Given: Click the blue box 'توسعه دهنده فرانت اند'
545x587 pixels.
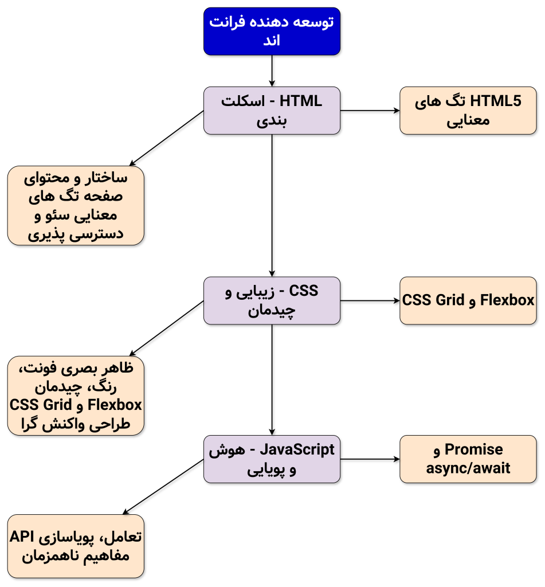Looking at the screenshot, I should (272, 32).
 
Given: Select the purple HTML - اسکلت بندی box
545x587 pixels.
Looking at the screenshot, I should (272, 111).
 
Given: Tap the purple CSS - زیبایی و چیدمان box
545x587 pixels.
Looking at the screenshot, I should (272, 300).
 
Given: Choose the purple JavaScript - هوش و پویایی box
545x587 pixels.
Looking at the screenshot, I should (272, 459).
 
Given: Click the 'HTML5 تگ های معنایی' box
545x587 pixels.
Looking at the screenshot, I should (468, 111).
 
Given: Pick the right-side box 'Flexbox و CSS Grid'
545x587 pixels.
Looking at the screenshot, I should (468, 300).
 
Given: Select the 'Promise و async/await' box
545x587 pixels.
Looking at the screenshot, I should (468, 459).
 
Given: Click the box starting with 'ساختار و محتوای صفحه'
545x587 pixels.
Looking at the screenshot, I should (76, 206).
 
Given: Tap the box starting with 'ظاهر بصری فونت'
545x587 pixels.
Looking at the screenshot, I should (76, 396).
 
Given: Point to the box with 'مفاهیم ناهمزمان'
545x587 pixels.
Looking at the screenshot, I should (76, 546).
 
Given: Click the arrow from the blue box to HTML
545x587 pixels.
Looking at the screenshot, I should (272, 71).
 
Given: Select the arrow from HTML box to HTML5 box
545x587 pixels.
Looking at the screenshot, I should (370, 111).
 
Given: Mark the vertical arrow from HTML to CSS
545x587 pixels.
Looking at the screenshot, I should (272, 206).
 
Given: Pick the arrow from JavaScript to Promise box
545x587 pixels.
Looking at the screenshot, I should (370, 459).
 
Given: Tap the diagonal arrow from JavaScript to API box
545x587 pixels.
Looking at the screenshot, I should (164, 487).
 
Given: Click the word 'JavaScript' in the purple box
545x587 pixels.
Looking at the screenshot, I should (297, 449).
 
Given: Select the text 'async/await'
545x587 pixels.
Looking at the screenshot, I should (468, 469).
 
